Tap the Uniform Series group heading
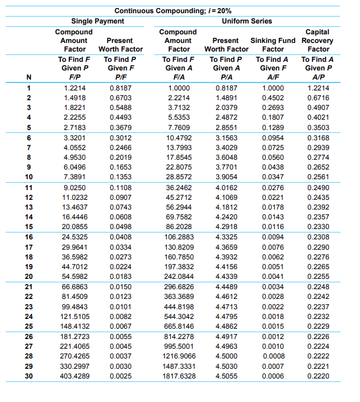(x=246, y=21)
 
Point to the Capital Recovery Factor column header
(x=318, y=41)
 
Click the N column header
(x=29, y=78)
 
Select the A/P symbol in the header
(x=318, y=78)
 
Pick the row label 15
(x=29, y=226)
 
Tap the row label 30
(x=29, y=376)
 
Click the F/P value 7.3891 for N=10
(x=74, y=177)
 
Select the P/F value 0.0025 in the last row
(x=120, y=376)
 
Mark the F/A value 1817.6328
(x=179, y=376)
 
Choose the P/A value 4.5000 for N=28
(x=225, y=356)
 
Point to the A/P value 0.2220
(x=318, y=376)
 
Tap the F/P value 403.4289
(x=74, y=376)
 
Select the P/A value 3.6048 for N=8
(x=225, y=157)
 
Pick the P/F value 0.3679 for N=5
(x=120, y=127)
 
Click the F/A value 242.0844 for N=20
(x=179, y=276)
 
